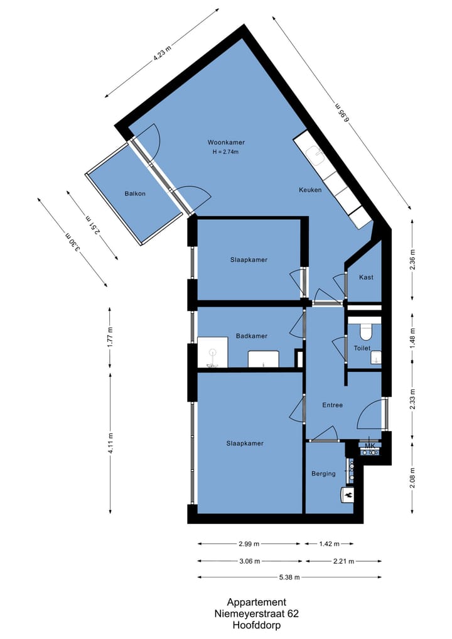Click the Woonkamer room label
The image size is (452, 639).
pos(227,142)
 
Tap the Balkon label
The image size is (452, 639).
pos(135,194)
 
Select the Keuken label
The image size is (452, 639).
pos(310,189)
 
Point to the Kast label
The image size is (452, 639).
pos(366,277)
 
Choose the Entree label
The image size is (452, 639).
pos(332,405)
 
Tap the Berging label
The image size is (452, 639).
pos(323,474)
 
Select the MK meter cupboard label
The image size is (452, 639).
pos(370,447)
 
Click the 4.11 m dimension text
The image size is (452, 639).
pos(110,444)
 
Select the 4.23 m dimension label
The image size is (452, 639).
pos(162,53)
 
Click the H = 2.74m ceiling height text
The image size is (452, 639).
pos(227,151)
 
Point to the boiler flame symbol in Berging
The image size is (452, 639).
pos(348,495)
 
